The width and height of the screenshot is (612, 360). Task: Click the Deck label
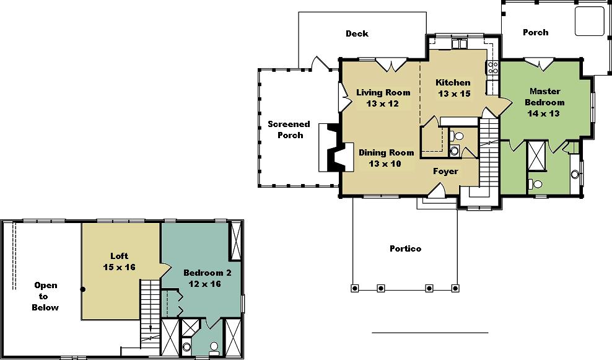[357, 33]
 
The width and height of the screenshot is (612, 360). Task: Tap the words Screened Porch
[289, 130]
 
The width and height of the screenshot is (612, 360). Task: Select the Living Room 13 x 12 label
[383, 98]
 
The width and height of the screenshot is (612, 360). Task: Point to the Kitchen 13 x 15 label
[453, 88]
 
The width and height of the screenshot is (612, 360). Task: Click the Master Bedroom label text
[544, 102]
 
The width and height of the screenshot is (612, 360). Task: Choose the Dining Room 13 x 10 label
[386, 158]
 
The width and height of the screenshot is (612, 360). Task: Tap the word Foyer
[445, 172]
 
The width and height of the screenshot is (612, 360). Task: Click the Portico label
[405, 248]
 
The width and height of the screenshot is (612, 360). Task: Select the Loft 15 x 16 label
[119, 261]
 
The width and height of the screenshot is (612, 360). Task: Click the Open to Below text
[45, 296]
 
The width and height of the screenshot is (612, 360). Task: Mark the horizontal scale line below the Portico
[430, 333]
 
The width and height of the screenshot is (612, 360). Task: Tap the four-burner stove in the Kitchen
[492, 68]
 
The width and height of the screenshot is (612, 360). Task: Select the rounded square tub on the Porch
[590, 20]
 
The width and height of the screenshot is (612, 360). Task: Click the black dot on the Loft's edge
[83, 289]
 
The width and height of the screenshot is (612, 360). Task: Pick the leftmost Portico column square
[354, 289]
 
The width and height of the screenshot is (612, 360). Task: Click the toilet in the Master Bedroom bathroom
[536, 183]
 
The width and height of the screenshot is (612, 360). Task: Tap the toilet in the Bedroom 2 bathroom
[214, 347]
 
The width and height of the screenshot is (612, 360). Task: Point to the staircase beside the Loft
[151, 313]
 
